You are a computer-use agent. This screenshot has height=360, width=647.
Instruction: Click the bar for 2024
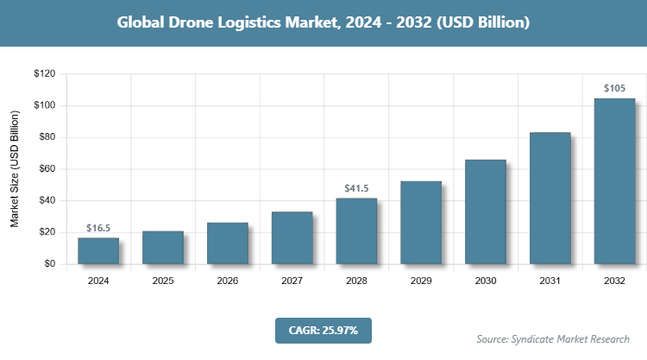(x=97, y=250)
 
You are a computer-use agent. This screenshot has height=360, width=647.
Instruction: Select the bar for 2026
(x=227, y=243)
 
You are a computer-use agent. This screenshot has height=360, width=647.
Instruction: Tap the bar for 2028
(x=356, y=231)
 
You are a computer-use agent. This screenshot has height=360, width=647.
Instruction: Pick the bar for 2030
(x=486, y=212)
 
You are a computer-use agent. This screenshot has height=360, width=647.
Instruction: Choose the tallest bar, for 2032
(x=614, y=180)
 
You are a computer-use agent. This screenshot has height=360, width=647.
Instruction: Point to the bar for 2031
(x=550, y=198)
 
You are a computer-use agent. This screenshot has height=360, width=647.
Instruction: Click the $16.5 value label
(x=98, y=228)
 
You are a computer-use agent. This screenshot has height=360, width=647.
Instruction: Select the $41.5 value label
(x=356, y=188)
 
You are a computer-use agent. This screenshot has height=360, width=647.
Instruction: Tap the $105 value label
(x=614, y=88)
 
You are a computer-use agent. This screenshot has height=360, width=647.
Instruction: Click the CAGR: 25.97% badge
(x=323, y=330)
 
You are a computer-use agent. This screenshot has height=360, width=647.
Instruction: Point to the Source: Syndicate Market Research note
(x=553, y=338)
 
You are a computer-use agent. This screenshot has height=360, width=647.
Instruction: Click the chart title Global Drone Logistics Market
(x=323, y=23)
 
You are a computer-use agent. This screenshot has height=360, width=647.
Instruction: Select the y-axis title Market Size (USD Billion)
(x=15, y=169)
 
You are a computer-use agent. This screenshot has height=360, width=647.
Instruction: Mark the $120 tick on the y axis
(x=44, y=74)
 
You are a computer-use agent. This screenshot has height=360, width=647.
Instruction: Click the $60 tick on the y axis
(x=47, y=169)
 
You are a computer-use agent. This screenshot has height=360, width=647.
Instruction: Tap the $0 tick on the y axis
(x=50, y=264)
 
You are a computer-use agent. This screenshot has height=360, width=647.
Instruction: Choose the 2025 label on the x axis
(x=162, y=281)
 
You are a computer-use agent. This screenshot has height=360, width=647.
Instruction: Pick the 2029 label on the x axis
(x=421, y=281)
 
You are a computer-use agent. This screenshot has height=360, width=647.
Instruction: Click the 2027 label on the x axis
(x=292, y=281)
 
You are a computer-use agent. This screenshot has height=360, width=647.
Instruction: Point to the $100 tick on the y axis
(x=44, y=105)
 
